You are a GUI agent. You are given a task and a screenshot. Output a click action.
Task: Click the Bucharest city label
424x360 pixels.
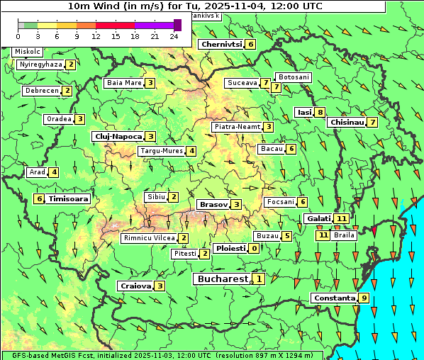tap(222, 279)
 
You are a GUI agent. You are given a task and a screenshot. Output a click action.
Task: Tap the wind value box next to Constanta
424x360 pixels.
tap(364, 298)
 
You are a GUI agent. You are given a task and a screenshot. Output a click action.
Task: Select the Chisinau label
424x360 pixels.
tap(347, 122)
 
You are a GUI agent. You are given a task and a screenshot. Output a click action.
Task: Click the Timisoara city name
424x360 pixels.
tap(69, 199)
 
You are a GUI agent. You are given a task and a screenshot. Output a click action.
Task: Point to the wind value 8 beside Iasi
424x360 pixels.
tap(320, 112)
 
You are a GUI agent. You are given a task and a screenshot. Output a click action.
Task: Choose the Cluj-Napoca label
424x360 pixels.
tap(117, 136)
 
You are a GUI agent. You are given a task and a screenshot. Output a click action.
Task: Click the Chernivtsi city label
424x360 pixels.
tap(222, 44)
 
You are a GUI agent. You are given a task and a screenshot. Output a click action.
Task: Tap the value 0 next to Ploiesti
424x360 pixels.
tap(254, 248)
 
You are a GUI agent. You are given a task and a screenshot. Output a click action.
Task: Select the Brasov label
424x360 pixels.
tap(213, 204)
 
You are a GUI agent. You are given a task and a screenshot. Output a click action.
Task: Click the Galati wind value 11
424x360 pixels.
tap(342, 218)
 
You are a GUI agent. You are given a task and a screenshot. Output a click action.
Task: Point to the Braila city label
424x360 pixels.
tap(344, 235)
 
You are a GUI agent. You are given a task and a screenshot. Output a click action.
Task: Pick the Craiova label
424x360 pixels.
tap(136, 286)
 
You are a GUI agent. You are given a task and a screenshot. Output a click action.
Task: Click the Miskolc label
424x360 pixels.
tap(28, 52)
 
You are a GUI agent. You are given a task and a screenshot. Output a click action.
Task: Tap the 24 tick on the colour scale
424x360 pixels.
tap(174, 36)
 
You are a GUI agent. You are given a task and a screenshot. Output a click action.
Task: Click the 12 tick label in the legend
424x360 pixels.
tap(96, 36)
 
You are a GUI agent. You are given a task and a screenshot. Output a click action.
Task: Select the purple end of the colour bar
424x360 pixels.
tap(177, 25)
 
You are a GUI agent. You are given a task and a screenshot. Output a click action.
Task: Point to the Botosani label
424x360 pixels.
tap(294, 77)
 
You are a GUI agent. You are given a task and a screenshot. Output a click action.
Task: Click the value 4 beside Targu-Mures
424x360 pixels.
tap(191, 151)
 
